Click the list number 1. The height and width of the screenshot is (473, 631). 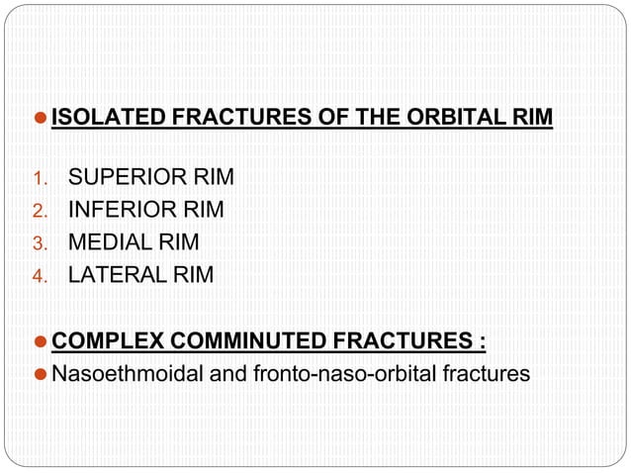pos(41,179)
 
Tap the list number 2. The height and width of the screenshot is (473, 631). pos(41,211)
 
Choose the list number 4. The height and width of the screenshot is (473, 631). pos(41,275)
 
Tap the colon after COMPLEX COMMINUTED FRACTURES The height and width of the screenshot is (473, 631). pos(482,343)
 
